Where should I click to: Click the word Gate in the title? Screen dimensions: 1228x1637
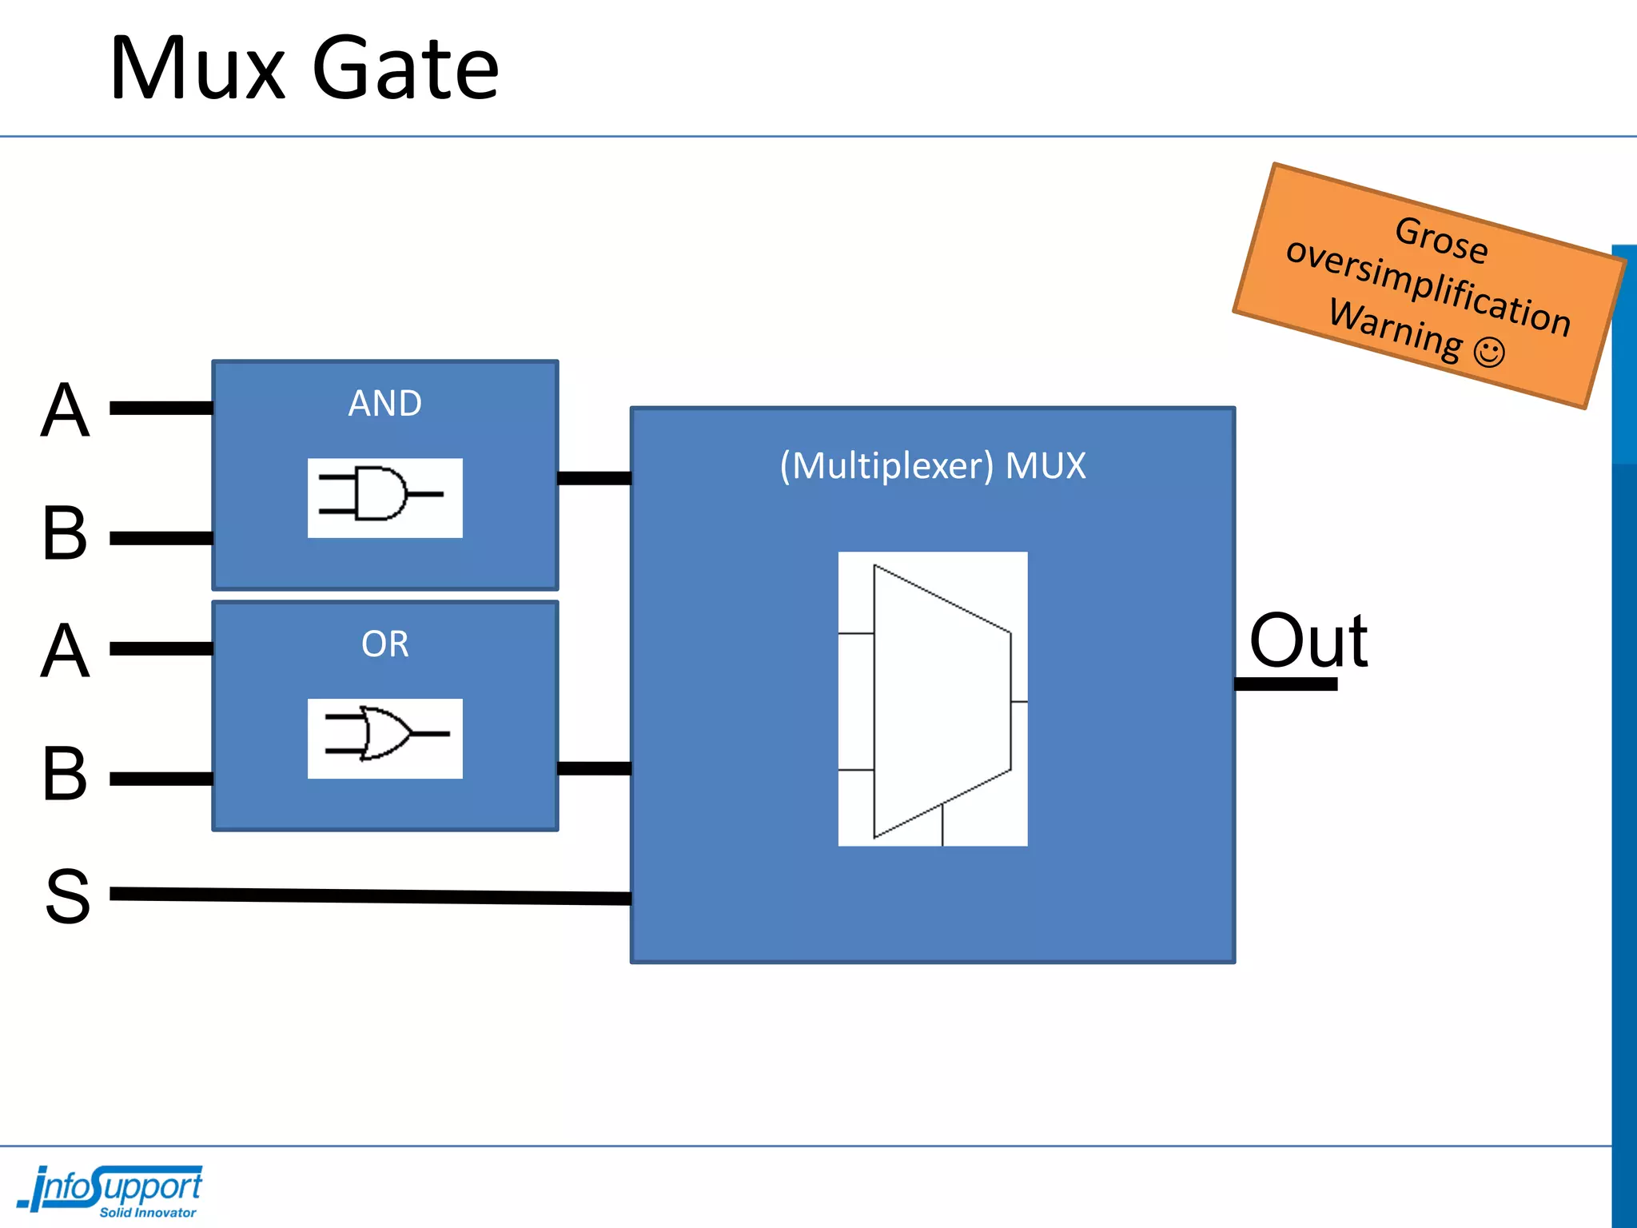tap(405, 70)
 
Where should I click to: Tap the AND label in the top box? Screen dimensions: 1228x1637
tap(384, 403)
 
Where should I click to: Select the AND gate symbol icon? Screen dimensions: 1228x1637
tap(384, 497)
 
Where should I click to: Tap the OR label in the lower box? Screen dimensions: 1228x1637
tap(384, 644)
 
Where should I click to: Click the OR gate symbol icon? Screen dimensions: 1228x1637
tap(384, 738)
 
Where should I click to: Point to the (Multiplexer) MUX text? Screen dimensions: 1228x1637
tap(933, 465)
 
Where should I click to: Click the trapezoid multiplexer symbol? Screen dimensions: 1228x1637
tap(933, 699)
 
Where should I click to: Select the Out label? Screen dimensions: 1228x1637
tap(1308, 641)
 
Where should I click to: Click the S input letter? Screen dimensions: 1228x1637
tap(67, 897)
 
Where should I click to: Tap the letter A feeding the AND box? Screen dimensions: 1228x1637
tap(65, 410)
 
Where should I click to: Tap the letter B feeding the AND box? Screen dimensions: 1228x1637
tap(65, 533)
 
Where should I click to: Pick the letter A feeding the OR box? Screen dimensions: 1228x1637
tap(65, 651)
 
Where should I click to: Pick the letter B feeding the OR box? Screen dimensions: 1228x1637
tap(65, 774)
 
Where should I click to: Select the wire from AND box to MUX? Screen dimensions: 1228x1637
tap(594, 478)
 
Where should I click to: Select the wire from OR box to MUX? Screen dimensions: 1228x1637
tap(594, 768)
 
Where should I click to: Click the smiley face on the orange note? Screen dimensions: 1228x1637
tap(1489, 352)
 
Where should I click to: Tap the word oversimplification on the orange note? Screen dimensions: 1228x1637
tap(1428, 286)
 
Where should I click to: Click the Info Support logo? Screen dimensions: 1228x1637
tap(112, 1190)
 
